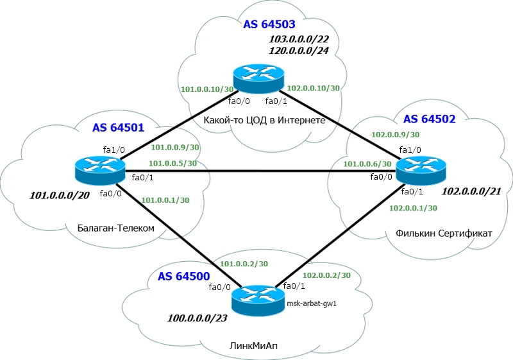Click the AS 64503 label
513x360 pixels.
(x=269, y=25)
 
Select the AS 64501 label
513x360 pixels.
(x=119, y=128)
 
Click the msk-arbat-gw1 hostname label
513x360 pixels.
(x=315, y=304)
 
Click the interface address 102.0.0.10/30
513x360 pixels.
(x=314, y=88)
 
